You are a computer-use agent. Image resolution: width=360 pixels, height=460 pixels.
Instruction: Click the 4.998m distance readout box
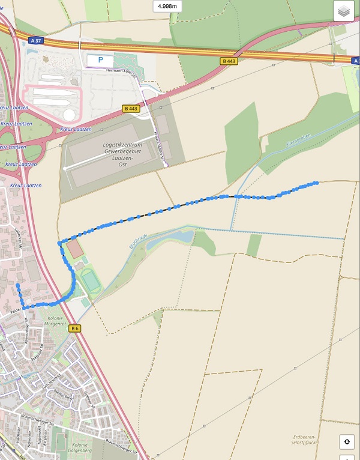pyautogui.click(x=167, y=7)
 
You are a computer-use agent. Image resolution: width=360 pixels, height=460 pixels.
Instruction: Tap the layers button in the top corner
pyautogui.click(x=344, y=11)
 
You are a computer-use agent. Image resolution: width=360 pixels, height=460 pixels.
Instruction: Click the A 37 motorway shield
pyautogui.click(x=35, y=41)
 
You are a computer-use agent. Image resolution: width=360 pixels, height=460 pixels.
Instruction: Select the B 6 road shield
pyautogui.click(x=75, y=328)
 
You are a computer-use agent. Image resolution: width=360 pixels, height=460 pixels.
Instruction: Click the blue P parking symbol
pyautogui.click(x=100, y=60)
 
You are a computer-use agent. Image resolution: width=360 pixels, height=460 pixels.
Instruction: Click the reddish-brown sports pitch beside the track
pyautogui.click(x=73, y=247)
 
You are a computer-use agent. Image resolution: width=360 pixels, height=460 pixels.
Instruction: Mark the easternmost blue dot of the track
pyautogui.click(x=316, y=182)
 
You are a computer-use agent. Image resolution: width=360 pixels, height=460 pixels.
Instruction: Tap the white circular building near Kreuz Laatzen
pyautogui.click(x=69, y=114)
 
